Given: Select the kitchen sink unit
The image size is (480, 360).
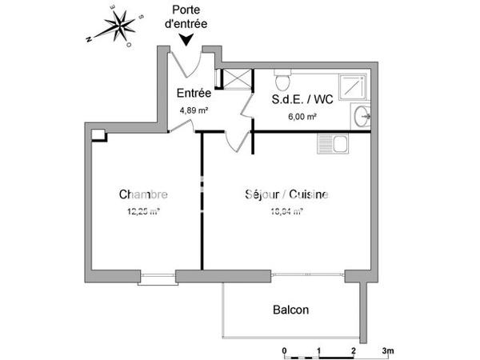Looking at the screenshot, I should pos(332,145).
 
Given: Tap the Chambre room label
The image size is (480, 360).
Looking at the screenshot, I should pos(143,194).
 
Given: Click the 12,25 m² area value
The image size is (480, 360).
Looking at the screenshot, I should pos(143,212).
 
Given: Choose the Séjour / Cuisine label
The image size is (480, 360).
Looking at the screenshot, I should pos(286,194).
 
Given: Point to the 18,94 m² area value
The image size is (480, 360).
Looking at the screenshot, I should pos(286,212).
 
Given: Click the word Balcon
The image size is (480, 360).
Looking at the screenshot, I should pos(290,310).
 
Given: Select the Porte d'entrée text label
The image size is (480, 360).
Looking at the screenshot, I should pos(186,18).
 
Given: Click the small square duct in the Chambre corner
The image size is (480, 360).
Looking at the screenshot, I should pos(98,134).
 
